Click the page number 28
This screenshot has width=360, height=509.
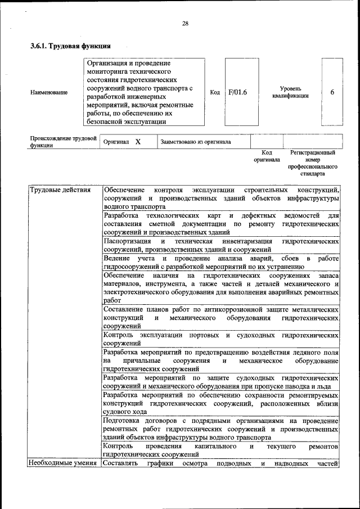(x=185, y=23)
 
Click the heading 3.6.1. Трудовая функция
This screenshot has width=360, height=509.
(x=70, y=46)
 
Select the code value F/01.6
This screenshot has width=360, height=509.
(x=238, y=92)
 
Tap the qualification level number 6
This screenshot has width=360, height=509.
(x=332, y=92)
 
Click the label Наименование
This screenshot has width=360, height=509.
(x=49, y=93)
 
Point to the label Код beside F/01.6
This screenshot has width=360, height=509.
(x=215, y=92)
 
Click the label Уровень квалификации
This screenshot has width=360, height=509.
(x=291, y=92)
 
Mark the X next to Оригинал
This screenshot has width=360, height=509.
(x=137, y=142)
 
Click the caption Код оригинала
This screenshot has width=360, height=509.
(x=267, y=156)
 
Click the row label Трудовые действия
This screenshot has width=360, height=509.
(x=60, y=190)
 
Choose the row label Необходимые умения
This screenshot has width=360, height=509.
(x=64, y=463)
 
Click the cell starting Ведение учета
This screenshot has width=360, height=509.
(x=221, y=263)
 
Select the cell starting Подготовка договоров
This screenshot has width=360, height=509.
(x=221, y=429)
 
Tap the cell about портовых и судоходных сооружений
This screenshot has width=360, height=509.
(x=221, y=339)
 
